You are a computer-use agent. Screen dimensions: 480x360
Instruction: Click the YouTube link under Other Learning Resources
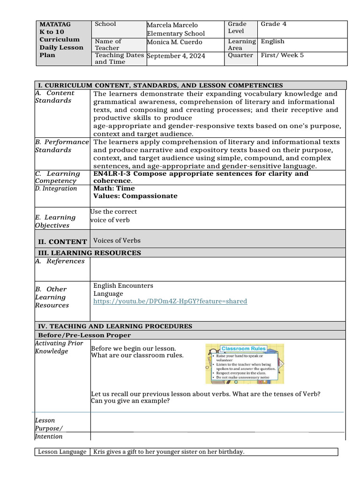[x=170, y=301]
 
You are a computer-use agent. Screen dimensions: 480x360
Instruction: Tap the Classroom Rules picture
[x=244, y=364]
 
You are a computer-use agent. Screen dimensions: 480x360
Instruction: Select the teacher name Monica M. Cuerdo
[x=174, y=42]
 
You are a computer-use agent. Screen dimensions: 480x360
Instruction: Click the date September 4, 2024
[x=176, y=56]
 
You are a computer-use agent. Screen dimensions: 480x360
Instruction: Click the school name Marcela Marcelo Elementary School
[x=175, y=29]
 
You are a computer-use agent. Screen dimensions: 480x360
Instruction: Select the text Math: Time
[x=114, y=188]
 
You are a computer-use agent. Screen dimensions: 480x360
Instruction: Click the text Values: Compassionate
[x=135, y=196]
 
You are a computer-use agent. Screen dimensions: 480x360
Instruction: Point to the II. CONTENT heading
[x=62, y=242]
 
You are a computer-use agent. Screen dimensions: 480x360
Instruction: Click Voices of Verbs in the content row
[x=117, y=241]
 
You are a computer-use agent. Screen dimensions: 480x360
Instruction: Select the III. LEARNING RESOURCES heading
[x=89, y=253]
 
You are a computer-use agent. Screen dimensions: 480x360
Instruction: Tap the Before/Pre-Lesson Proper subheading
[x=84, y=335]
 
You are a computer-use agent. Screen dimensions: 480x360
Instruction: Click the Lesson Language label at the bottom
[x=62, y=452]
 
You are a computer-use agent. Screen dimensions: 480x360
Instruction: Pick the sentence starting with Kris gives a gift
[x=169, y=452]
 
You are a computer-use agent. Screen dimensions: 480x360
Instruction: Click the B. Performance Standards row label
[x=61, y=146]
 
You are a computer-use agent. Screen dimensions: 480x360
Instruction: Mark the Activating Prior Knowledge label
[x=59, y=347]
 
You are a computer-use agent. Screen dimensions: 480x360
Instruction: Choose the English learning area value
[x=272, y=41]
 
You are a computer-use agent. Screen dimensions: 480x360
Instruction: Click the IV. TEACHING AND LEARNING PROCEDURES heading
[x=115, y=326]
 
